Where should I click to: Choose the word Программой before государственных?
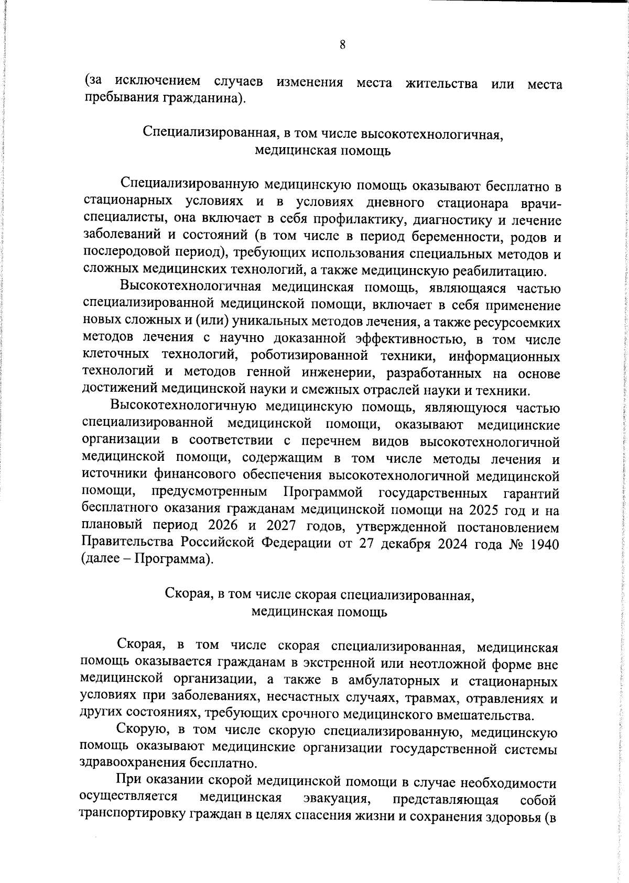[x=323, y=493]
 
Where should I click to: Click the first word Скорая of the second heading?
[x=188, y=594]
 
